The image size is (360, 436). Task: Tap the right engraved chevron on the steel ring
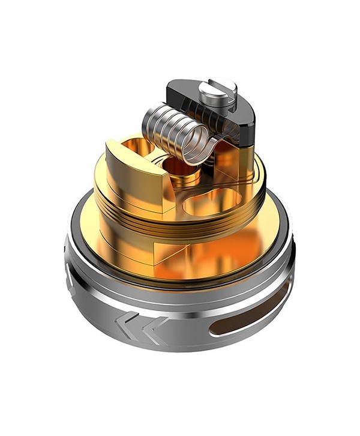[x=154, y=328]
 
